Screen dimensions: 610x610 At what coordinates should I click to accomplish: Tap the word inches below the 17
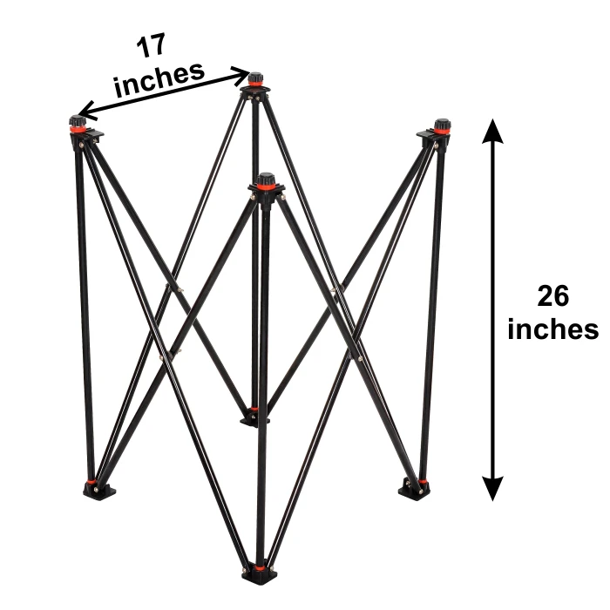159,78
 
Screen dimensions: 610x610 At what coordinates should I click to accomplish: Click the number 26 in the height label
552,296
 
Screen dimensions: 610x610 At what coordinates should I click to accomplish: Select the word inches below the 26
552,329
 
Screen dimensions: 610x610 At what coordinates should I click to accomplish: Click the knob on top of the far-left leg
78,121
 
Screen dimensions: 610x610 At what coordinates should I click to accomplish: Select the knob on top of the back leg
254,79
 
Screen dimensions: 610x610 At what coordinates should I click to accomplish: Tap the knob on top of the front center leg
266,180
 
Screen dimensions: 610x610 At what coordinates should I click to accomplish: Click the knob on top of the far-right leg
441,125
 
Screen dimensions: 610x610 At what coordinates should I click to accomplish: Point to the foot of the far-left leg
98,488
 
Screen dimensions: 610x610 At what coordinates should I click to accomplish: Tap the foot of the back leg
254,417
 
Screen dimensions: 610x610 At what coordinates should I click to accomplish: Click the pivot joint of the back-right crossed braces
335,289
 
